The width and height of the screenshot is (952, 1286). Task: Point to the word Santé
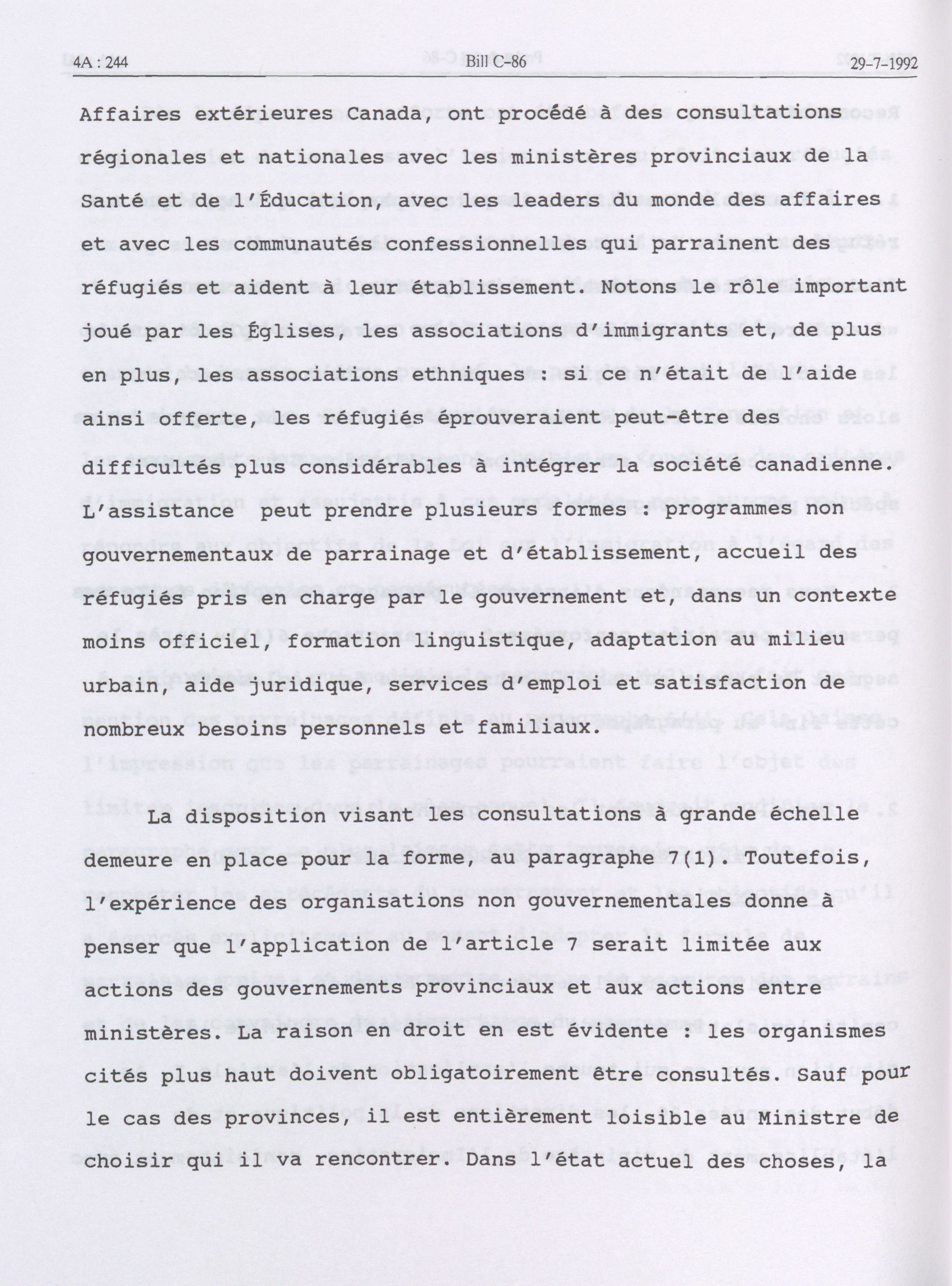pos(114,200)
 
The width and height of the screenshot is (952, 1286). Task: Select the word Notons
pos(642,287)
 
